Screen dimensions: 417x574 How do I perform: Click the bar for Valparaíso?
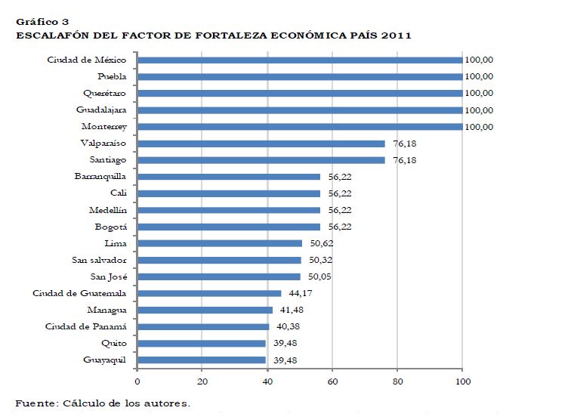coord(261,144)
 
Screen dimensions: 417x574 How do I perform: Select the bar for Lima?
coord(219,243)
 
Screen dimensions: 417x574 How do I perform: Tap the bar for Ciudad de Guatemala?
coord(209,293)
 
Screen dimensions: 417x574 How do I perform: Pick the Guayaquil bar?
coord(202,360)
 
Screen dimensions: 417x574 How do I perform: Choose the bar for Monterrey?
coord(300,127)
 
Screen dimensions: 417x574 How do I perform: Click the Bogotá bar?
coord(228,227)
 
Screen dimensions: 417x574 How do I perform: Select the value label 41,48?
coord(292,310)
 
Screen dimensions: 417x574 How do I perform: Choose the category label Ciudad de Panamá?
coord(84,326)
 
